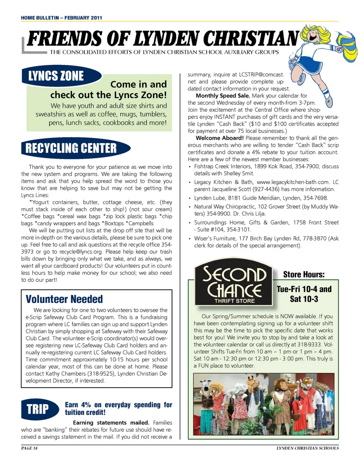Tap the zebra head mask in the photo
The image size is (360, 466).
pyautogui.click(x=206, y=387)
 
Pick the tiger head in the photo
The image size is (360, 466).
pyautogui.click(x=307, y=385)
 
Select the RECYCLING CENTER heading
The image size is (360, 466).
pyautogui.click(x=72, y=148)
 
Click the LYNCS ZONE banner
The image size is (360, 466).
pyautogui.click(x=56, y=76)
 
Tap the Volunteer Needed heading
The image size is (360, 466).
pyautogui.click(x=64, y=299)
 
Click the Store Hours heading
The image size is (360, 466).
pyautogui.click(x=304, y=274)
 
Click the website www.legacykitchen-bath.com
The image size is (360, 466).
pyautogui.click(x=293, y=182)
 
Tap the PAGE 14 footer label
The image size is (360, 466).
pyautogui.click(x=29, y=448)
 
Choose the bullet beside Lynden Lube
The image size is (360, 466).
pyautogui.click(x=190, y=198)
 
